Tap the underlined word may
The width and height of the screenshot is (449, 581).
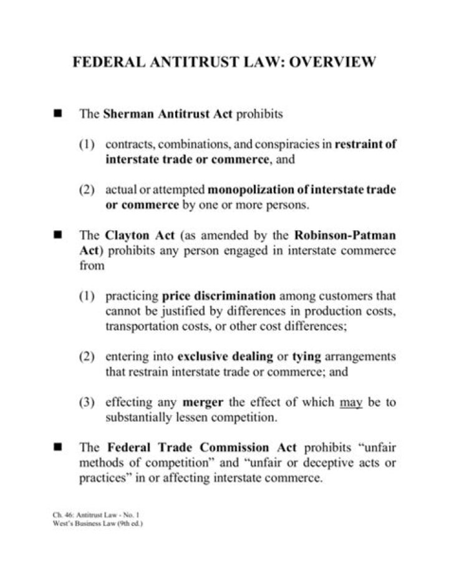pos(351,403)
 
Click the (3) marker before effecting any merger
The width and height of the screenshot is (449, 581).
pos(87,403)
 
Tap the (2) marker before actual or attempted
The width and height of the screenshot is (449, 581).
pos(87,190)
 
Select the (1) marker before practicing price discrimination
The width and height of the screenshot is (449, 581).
pos(87,296)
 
